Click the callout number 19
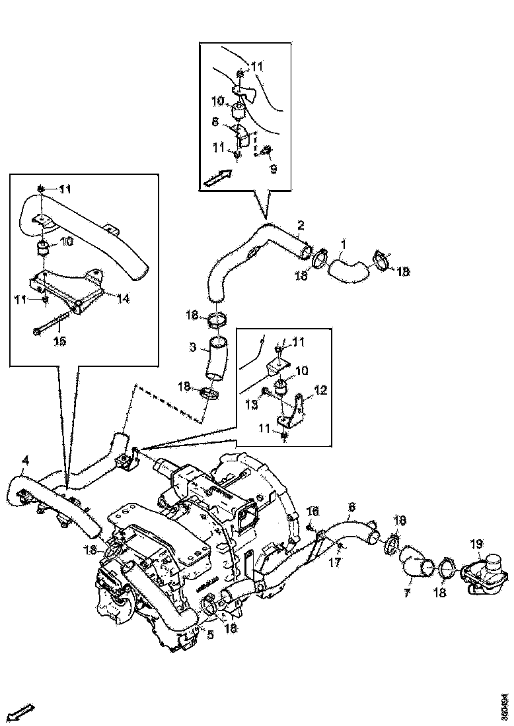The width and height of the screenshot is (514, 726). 476,544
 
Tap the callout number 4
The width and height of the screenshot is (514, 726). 24,459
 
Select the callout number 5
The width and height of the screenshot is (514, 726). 210,636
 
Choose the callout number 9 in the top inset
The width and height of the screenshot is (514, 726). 273,168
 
